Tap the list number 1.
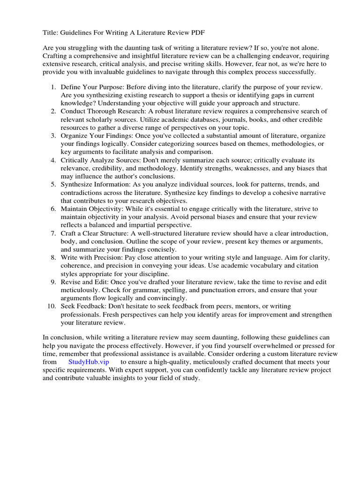[53, 88]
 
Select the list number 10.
[52, 306]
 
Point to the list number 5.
[53, 185]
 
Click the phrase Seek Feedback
[82, 306]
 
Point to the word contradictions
[83, 193]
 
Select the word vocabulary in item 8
[266, 266]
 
